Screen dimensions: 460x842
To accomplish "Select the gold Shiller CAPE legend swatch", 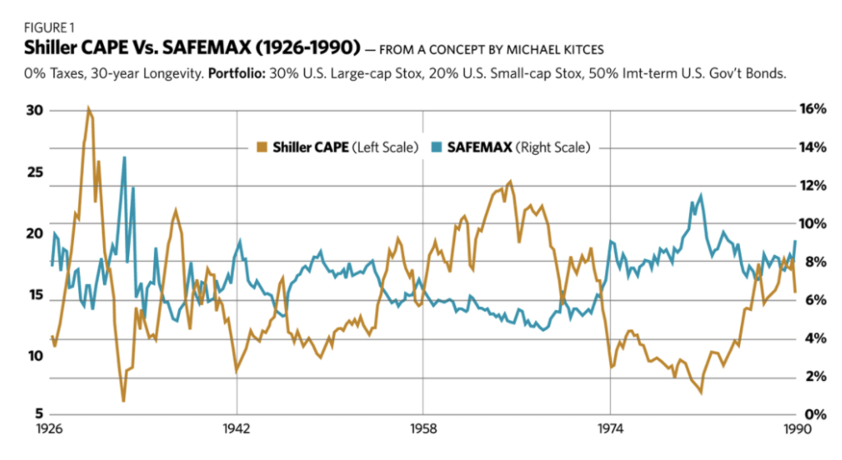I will point(262,148).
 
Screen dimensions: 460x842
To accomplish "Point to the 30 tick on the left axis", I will point(36,111).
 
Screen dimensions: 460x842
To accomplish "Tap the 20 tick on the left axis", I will point(36,234).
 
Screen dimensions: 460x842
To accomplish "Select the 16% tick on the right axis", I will point(813,111).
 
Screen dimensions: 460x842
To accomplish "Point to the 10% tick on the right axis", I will point(813,224).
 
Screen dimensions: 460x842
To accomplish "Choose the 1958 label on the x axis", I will point(423,430).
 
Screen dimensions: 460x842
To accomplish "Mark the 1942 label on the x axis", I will point(236,430).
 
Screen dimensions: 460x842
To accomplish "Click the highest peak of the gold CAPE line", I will point(88,109).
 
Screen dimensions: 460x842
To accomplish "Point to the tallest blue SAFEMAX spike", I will point(124,157).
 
